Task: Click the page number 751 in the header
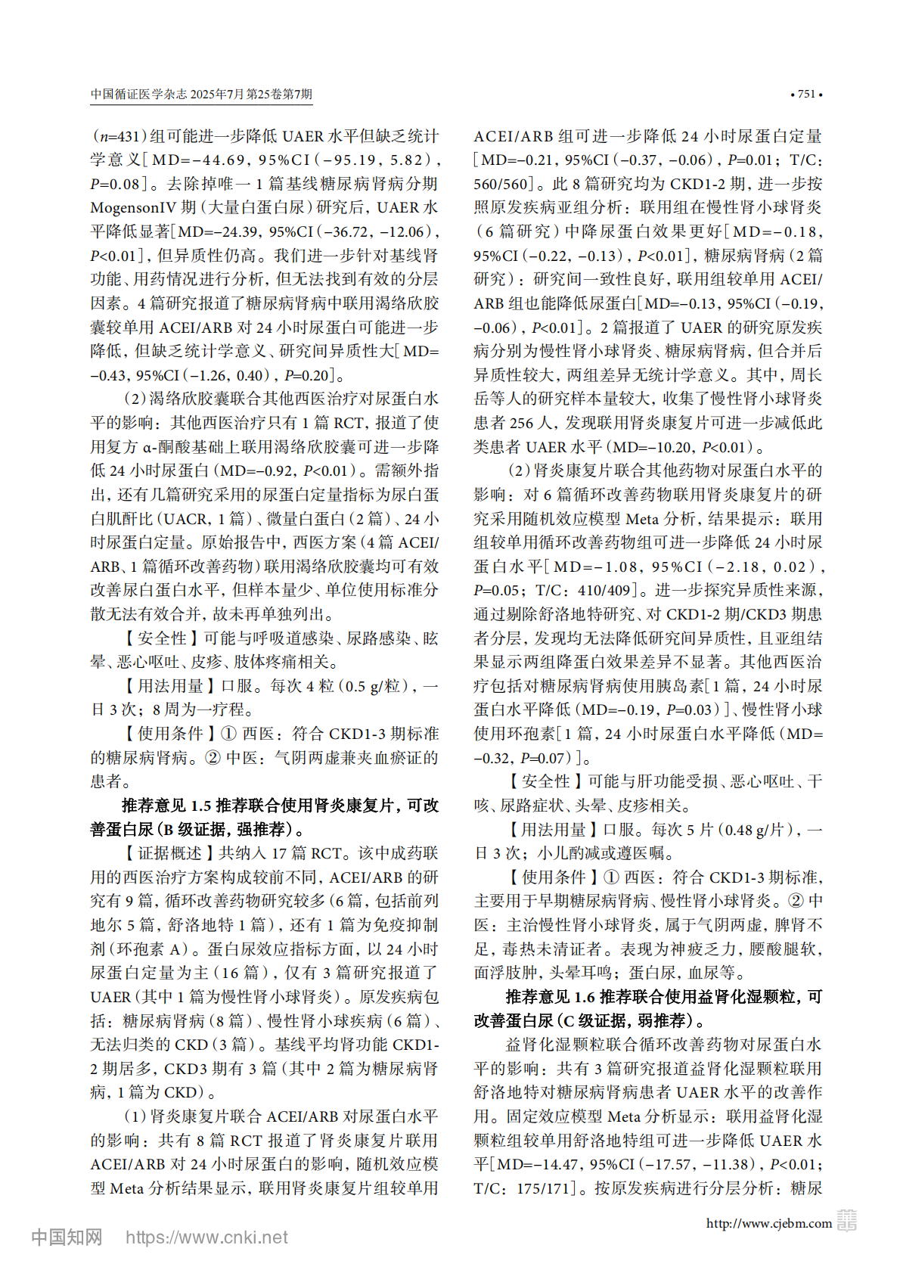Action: (806, 95)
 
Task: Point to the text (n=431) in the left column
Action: (119, 136)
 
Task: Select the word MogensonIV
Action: (134, 208)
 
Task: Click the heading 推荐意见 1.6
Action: (551, 997)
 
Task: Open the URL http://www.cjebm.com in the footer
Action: (768, 1223)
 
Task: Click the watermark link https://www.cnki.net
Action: (206, 1237)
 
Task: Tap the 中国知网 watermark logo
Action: (67, 1237)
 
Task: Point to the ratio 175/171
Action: (545, 1188)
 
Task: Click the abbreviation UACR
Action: (185, 519)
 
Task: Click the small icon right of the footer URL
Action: (846, 1221)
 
